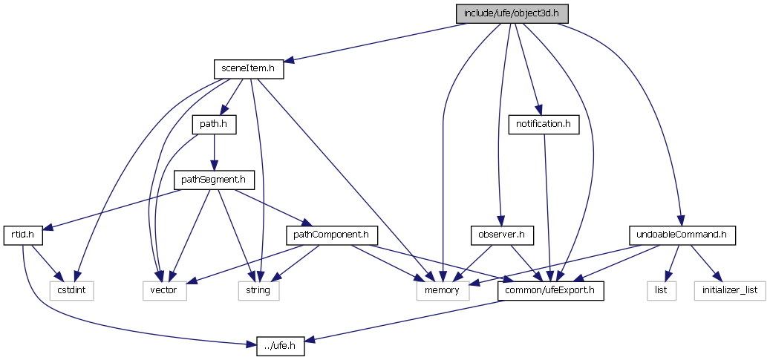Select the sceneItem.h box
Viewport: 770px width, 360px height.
249,69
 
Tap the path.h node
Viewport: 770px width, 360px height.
214,124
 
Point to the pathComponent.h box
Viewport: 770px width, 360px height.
332,235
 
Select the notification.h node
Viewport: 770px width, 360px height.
544,124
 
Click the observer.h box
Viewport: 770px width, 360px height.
502,235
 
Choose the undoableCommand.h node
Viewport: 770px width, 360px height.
682,235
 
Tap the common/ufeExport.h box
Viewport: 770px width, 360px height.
550,290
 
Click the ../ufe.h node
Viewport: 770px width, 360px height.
281,346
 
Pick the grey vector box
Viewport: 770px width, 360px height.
164,290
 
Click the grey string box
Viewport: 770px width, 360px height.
258,290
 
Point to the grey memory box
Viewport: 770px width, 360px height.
443,290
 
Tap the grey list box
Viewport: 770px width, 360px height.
661,290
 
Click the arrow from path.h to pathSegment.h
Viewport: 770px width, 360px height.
214,152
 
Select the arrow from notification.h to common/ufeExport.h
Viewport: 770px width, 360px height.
547,207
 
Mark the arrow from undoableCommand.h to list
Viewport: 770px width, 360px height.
672,263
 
